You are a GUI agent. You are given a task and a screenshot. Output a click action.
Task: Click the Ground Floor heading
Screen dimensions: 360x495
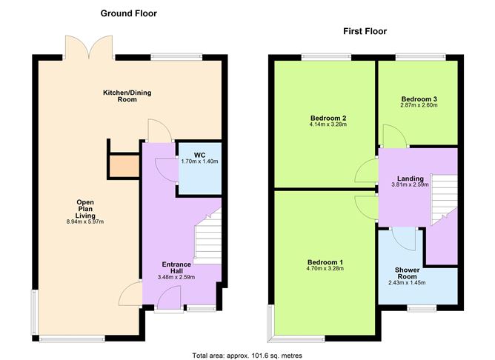128,13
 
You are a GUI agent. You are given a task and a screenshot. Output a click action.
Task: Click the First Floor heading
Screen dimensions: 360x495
364,31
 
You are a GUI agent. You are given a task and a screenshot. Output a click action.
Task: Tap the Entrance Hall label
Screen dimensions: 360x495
176,268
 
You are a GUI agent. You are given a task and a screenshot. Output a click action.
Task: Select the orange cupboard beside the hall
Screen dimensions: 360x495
123,166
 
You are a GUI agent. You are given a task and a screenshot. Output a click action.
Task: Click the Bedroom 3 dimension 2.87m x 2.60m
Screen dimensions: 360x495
419,105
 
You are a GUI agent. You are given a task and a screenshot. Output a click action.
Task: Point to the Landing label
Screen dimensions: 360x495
410,179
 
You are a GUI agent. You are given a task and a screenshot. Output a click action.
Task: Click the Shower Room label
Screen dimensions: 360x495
407,274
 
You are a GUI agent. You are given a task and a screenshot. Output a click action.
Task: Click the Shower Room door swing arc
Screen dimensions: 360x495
405,239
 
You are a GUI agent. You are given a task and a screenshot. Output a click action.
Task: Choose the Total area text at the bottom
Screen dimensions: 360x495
247,355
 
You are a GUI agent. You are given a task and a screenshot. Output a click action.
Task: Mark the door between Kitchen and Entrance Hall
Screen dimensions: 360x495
159,131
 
